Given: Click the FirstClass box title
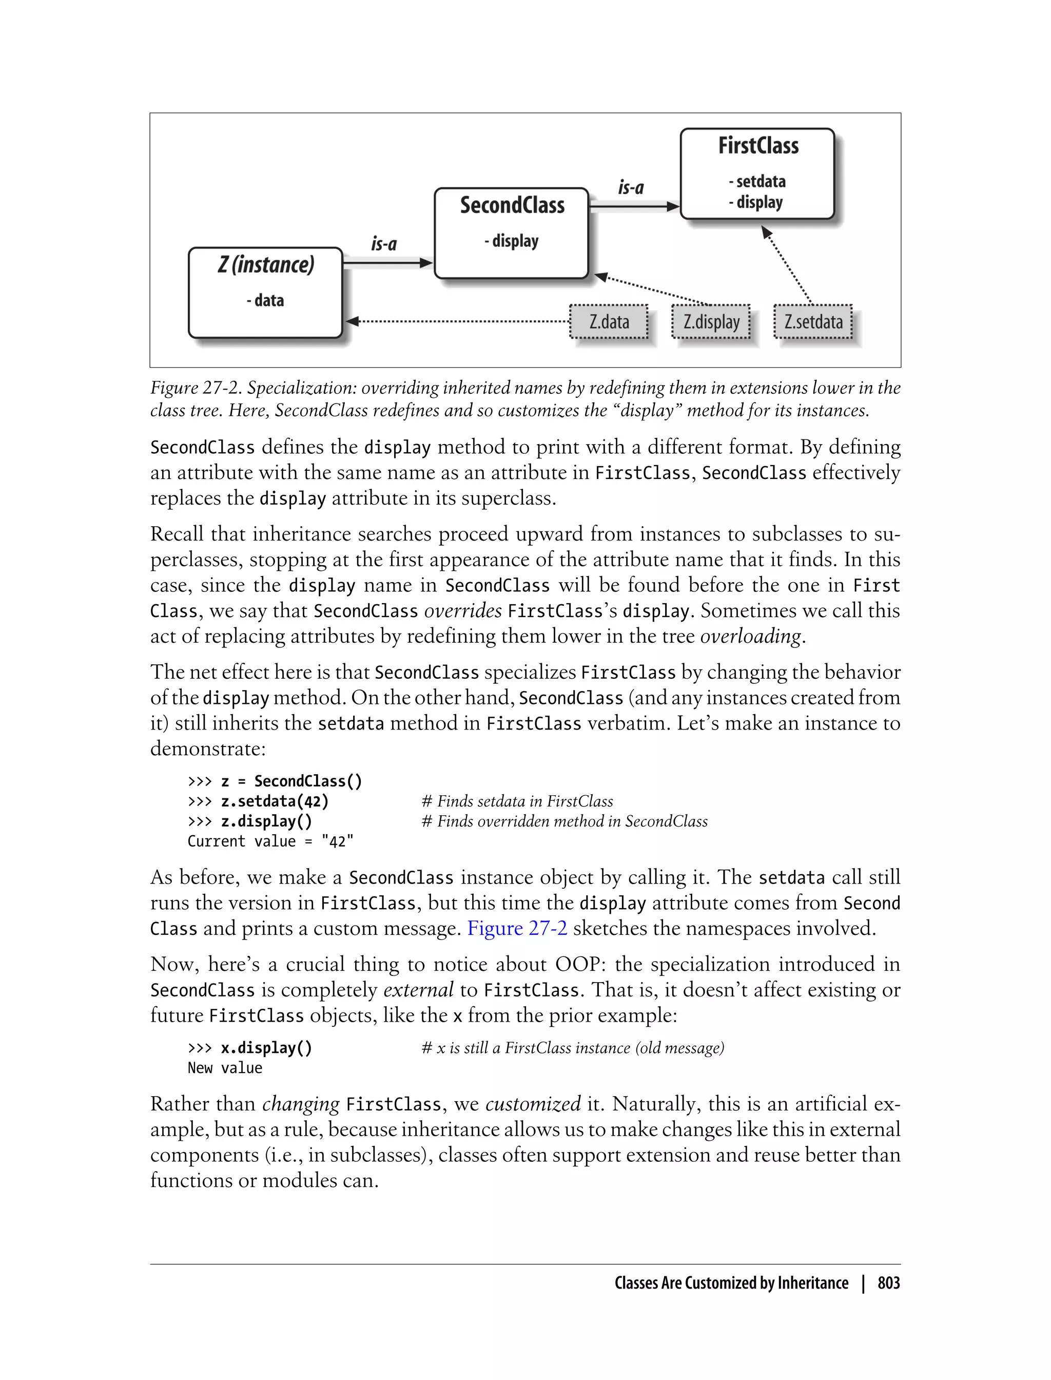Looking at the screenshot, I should [757, 146].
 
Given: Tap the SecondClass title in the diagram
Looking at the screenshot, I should [512, 205].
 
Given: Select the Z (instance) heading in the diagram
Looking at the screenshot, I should [266, 265].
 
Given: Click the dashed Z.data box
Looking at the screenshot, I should [609, 322].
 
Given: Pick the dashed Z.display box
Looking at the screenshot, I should [711, 322].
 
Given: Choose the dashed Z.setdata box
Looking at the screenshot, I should [813, 322].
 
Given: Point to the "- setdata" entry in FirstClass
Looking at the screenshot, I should [757, 182].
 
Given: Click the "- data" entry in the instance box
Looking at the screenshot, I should [265, 300].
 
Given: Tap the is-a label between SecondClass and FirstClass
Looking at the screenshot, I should [631, 187].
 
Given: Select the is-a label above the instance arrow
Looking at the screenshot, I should [383, 243].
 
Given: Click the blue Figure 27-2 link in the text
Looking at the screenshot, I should [517, 928].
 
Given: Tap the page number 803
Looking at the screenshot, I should [888, 1283].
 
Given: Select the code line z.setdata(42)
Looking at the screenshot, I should [274, 801].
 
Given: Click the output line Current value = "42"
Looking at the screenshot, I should [270, 841].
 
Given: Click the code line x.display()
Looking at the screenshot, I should [266, 1048].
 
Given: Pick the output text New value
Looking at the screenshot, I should [225, 1068].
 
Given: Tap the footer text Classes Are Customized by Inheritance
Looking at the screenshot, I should [731, 1283].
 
